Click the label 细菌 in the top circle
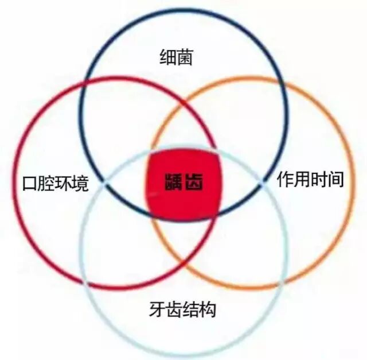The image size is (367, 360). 175,58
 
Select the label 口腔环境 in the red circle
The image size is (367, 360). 54,184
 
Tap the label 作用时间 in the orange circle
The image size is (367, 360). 310,180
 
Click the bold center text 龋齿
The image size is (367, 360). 183,183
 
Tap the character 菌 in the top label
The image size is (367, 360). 183,58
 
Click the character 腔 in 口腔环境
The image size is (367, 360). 46,184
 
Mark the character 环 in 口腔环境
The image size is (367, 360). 63,184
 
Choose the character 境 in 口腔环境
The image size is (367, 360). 80,184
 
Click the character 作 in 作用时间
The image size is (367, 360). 284,180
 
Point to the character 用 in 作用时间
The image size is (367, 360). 301,180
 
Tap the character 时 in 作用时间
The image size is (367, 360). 318,180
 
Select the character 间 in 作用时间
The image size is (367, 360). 335,180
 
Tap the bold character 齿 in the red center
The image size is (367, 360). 194,183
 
